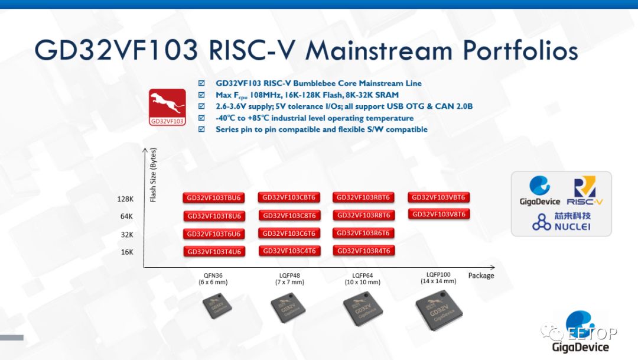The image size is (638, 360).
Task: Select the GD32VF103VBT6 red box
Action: pos(438,197)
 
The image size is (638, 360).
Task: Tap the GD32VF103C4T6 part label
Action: pos(289,251)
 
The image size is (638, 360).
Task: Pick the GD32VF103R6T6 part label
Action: pos(363,233)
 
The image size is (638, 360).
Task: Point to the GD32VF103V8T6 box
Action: pos(438,214)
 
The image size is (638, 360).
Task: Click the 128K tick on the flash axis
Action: pos(125,199)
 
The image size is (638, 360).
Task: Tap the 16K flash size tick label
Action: pos(127,252)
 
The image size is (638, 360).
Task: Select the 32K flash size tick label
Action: pos(127,235)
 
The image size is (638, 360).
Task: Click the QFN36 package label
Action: pos(213,275)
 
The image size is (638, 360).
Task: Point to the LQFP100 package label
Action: pos(438,274)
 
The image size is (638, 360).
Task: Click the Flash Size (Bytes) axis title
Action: pos(153,175)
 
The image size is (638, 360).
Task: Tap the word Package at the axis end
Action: pos(481,275)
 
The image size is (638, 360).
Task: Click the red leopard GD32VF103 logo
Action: pos(167,107)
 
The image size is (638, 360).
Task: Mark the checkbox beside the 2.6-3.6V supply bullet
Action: pos(202,106)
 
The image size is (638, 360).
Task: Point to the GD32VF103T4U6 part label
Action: pos(214,252)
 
